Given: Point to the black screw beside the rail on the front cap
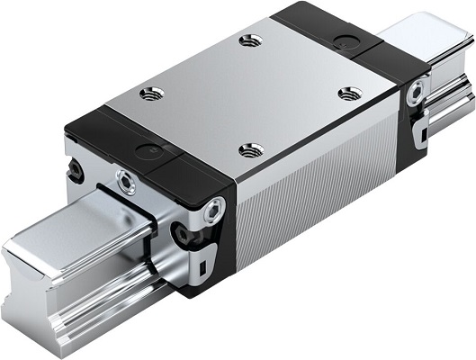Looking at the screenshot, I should pos(186,236).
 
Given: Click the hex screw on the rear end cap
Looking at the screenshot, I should pos(416,90).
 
